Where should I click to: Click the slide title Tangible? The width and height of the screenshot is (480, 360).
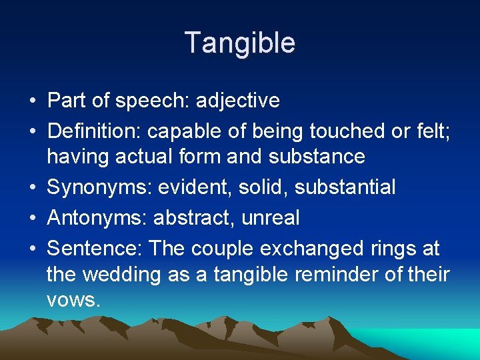240,43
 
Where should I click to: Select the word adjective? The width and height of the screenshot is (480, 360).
238,101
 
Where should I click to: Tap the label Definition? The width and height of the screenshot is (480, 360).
94,132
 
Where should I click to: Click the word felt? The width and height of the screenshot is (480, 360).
433,132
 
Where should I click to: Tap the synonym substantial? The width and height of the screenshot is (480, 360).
345,187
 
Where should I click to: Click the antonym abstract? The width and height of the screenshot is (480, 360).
194,218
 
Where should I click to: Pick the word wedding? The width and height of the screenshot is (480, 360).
123,274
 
